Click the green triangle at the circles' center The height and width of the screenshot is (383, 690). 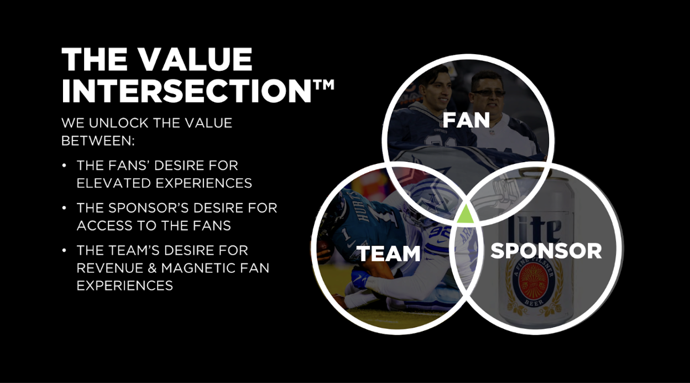(x=466, y=214)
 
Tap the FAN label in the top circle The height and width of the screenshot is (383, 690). (x=466, y=120)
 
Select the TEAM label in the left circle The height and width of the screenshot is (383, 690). (x=390, y=254)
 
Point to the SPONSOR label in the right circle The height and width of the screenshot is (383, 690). (x=546, y=251)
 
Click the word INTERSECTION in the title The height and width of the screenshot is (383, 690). (x=186, y=91)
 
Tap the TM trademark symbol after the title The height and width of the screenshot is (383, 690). (x=324, y=85)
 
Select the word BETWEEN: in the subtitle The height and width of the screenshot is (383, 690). (x=98, y=141)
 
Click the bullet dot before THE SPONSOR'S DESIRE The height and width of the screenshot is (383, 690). (x=64, y=208)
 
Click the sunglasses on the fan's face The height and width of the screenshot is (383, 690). (x=489, y=93)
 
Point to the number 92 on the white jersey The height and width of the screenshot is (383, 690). (x=439, y=232)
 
